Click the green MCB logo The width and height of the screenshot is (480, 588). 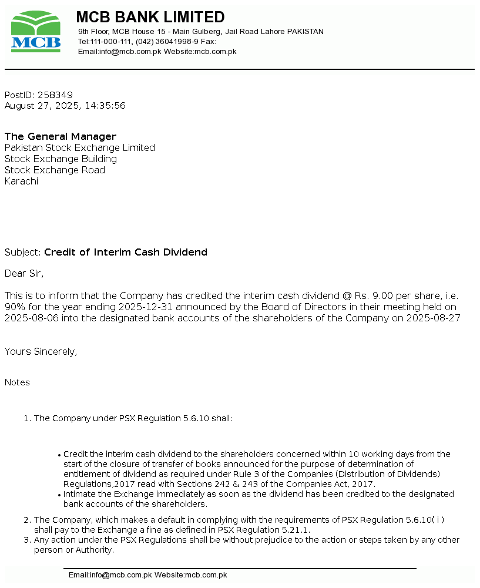35,32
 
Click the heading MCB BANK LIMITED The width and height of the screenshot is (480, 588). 150,17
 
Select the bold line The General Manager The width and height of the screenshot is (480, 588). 61,137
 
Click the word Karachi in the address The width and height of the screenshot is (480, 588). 21,182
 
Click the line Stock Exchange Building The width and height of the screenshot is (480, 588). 61,159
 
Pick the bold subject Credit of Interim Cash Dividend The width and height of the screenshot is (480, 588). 126,253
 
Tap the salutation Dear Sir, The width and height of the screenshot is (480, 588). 24,274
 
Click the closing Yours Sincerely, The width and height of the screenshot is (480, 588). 41,352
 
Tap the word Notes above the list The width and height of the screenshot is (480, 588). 17,382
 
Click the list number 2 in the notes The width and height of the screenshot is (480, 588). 26,520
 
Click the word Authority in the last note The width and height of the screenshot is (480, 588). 93,550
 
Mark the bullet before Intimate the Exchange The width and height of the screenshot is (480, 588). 59,495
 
